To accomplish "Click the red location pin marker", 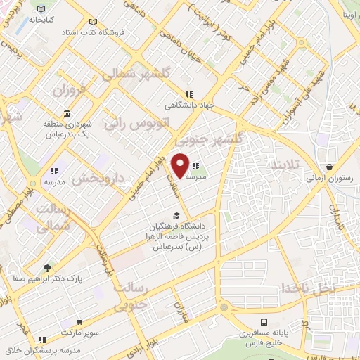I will tap(180, 165).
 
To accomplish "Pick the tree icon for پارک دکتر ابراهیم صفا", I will tap(47, 267).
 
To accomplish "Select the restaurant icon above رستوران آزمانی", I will tap(329, 167).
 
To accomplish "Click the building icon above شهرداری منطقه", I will tap(67, 113).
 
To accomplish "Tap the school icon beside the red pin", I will tap(195, 167).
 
